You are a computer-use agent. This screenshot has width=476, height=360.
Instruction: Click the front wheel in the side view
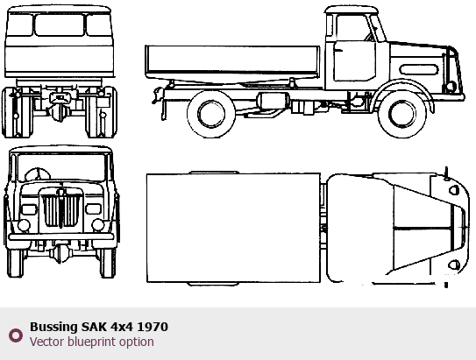point(402,114)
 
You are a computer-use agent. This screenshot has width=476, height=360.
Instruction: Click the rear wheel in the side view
point(211,114)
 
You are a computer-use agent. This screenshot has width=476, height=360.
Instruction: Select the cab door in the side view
point(354,60)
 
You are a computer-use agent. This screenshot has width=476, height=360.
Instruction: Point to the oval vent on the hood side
point(419,70)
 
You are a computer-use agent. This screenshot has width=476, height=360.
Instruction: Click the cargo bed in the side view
point(232,63)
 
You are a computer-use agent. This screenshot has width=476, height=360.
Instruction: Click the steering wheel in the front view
point(38,174)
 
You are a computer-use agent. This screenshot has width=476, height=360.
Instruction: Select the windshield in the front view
point(61,167)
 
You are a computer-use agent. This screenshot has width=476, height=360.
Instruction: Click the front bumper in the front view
point(61,236)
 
